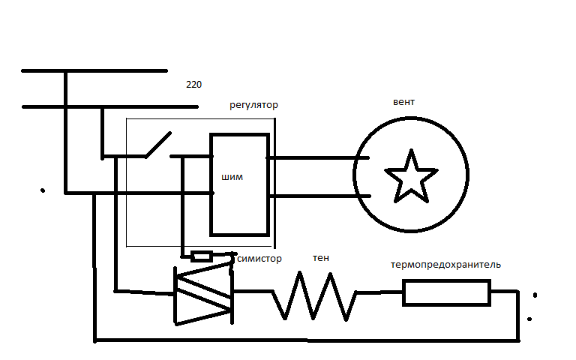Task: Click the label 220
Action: click(x=193, y=85)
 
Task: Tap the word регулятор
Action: click(x=253, y=105)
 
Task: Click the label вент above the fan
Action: click(x=403, y=102)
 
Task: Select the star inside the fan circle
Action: click(x=411, y=176)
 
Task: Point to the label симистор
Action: click(x=259, y=259)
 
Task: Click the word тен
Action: click(x=320, y=258)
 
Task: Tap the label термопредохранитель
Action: click(x=446, y=265)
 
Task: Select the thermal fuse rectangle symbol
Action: click(x=446, y=292)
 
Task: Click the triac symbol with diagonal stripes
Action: click(x=203, y=295)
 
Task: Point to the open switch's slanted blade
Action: click(x=157, y=145)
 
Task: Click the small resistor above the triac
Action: click(x=201, y=256)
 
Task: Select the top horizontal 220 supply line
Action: click(x=94, y=71)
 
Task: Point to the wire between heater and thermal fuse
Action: click(x=379, y=293)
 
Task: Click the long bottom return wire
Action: click(x=300, y=340)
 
